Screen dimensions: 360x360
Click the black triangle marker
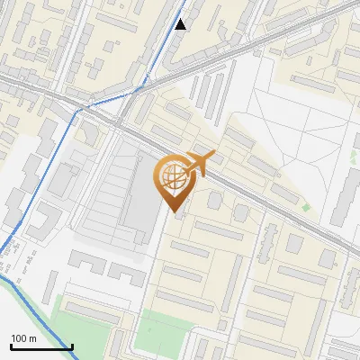click(181, 24)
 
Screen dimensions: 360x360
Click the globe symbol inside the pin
click(172, 176)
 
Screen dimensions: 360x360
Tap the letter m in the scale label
click(32, 338)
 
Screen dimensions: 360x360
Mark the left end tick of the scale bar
click(11, 346)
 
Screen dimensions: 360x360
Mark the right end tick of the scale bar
click(72, 346)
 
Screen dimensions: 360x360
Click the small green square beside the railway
click(306, 208)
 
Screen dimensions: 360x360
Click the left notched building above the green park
click(85, 265)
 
